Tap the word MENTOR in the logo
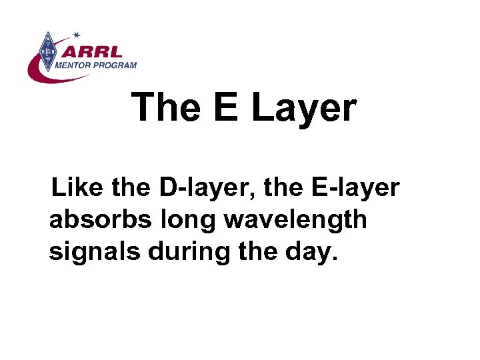click(x=79, y=65)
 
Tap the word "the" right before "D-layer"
click(x=134, y=188)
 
